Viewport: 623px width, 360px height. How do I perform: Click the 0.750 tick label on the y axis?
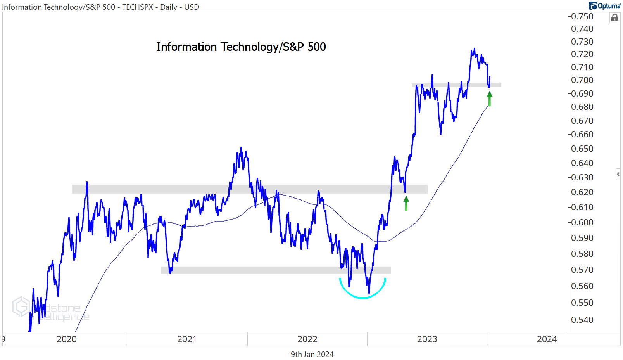click(x=582, y=17)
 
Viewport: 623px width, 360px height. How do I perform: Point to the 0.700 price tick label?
click(x=582, y=80)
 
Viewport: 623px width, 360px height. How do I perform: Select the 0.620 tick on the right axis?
click(x=582, y=192)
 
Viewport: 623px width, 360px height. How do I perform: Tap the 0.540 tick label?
click(x=582, y=320)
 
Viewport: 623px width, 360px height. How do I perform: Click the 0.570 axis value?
click(x=582, y=270)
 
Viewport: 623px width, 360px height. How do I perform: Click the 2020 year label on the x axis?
click(x=66, y=339)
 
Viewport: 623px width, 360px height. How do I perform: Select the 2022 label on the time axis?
click(x=307, y=339)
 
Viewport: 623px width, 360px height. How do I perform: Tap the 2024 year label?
click(x=547, y=339)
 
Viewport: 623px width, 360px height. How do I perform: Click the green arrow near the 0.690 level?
click(x=490, y=99)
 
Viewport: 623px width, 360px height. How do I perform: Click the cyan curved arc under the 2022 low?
click(x=362, y=297)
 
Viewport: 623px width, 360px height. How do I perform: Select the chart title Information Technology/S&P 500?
click(x=241, y=47)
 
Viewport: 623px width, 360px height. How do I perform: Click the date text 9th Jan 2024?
click(x=312, y=354)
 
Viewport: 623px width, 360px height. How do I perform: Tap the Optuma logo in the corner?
click(x=604, y=6)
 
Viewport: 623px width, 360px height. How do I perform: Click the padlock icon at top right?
click(x=614, y=18)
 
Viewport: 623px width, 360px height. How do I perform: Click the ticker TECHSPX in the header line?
click(x=138, y=7)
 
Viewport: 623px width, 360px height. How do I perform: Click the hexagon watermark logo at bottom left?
click(x=21, y=306)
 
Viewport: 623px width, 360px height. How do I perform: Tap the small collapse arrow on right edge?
click(x=618, y=174)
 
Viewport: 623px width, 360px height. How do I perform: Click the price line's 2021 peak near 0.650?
click(x=241, y=148)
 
